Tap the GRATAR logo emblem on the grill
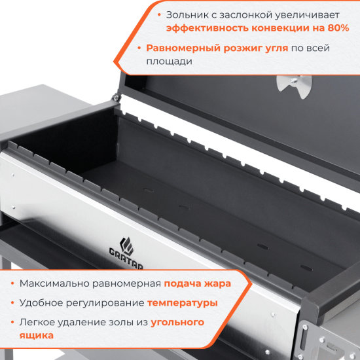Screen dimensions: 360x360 coord(128,245)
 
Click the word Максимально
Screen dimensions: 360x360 coord(53,283)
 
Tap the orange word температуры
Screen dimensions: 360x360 coord(183,303)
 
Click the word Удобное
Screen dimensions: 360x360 coord(38,303)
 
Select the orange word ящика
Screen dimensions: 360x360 coord(37,335)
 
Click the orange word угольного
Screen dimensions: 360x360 coord(178,322)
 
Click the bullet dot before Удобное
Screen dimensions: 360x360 coord(11,303)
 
